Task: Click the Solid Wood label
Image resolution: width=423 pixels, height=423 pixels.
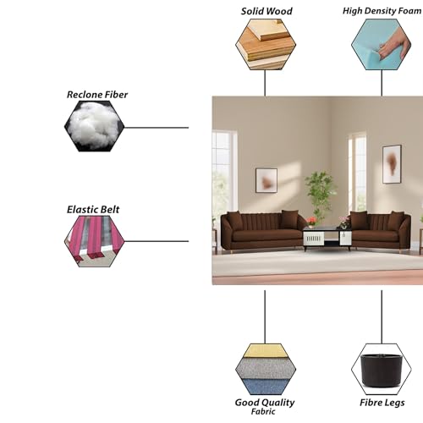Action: click(x=266, y=11)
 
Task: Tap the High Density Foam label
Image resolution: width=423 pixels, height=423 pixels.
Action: click(x=382, y=11)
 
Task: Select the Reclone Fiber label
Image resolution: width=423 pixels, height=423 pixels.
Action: click(x=97, y=95)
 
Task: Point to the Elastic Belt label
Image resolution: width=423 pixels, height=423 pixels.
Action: click(x=93, y=210)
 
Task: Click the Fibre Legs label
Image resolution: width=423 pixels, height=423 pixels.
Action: click(x=382, y=403)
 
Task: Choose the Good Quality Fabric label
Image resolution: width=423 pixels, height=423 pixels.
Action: click(x=265, y=406)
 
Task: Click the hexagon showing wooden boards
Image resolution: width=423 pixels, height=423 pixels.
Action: click(x=266, y=44)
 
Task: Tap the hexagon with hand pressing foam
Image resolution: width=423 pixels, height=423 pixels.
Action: click(x=382, y=44)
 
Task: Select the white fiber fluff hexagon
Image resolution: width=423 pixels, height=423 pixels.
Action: click(x=94, y=126)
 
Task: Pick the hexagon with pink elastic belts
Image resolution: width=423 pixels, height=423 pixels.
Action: click(x=94, y=241)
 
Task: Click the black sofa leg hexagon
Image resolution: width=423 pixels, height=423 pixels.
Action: click(x=382, y=369)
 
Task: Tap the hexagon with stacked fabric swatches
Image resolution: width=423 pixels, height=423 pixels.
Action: click(x=266, y=369)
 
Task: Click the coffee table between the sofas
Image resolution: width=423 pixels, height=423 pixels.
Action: click(x=327, y=239)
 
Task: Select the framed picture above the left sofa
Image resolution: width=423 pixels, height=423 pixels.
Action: click(x=266, y=180)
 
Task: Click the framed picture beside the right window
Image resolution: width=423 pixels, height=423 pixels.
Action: click(x=392, y=164)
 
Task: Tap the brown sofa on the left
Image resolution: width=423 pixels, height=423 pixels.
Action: click(x=262, y=230)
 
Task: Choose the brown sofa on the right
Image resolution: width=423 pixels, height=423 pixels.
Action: click(x=381, y=230)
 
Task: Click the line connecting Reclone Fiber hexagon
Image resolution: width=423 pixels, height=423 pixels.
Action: click(x=157, y=128)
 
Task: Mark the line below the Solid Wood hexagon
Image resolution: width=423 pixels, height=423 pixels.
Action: click(x=265, y=83)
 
